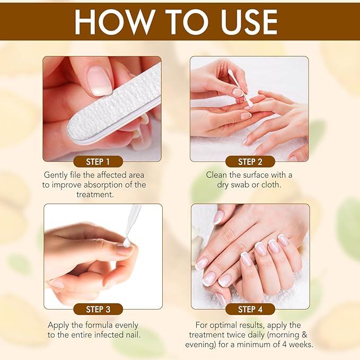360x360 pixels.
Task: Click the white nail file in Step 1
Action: click(114, 106)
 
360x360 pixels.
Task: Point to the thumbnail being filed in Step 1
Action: click(99, 80)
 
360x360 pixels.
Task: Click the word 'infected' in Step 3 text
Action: click(108, 335)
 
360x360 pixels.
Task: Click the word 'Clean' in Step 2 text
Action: click(217, 175)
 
